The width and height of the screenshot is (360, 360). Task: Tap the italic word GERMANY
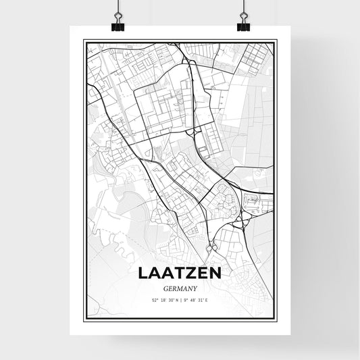coord(180,287)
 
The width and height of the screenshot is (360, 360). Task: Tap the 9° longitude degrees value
coord(185,300)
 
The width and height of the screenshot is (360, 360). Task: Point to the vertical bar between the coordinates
coord(180,300)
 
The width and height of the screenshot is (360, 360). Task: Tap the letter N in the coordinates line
coord(176,300)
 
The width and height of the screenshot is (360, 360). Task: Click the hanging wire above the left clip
coord(117,8)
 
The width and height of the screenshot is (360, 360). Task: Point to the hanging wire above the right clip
coord(242,8)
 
